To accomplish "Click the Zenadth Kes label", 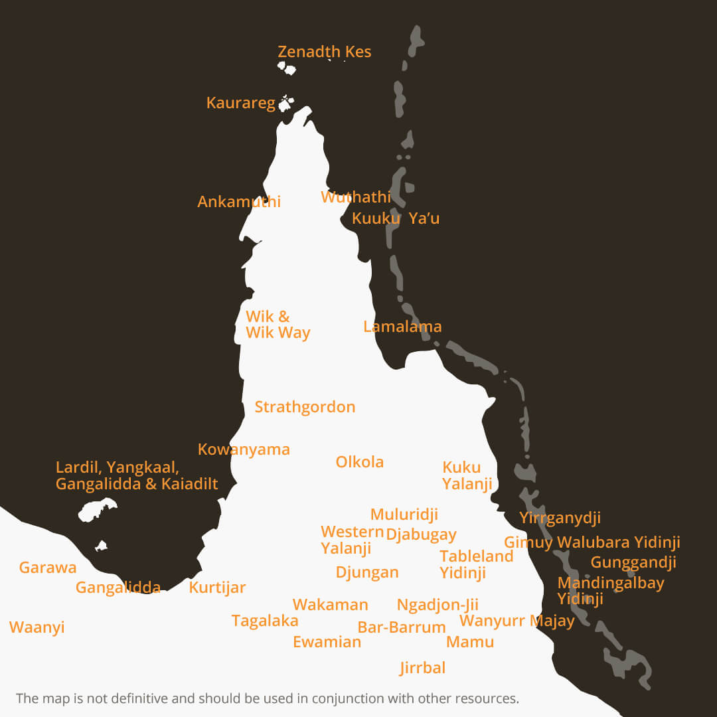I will click(x=324, y=52).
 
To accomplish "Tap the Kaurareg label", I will click(x=240, y=103).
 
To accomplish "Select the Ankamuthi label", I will click(x=239, y=202).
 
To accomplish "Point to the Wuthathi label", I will click(x=356, y=197).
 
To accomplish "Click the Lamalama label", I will click(x=402, y=327).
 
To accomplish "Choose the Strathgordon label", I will click(x=305, y=407).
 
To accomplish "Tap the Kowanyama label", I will click(x=244, y=449).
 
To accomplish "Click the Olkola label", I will click(x=359, y=462).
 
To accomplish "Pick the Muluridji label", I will click(x=404, y=515).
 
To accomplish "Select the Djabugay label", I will click(x=421, y=534).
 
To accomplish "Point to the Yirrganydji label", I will click(x=560, y=518).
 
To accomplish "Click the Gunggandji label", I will click(x=633, y=562).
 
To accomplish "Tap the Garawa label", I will click(x=48, y=568).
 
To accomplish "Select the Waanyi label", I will click(x=37, y=627).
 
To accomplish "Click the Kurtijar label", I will click(x=217, y=588).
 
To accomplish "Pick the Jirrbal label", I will click(x=422, y=668).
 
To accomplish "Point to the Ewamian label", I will click(x=327, y=642).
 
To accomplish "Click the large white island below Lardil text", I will click(x=97, y=511).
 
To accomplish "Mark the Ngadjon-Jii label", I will click(x=438, y=605).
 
